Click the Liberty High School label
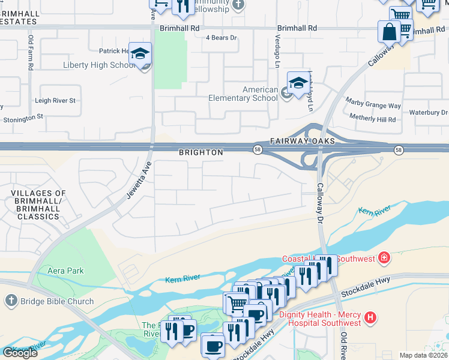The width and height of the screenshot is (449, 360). click(100, 65)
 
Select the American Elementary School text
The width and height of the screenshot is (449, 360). click(244, 94)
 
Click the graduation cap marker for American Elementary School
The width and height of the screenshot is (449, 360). click(298, 83)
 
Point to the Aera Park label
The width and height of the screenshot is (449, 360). click(66, 271)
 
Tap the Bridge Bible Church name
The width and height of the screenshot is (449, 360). click(58, 301)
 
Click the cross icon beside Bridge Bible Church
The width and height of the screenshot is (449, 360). click(11, 301)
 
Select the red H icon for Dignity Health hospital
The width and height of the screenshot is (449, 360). click(372, 317)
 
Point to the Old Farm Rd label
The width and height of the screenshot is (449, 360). click(31, 53)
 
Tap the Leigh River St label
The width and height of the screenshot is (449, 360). click(55, 101)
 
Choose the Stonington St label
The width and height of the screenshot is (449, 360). click(23, 118)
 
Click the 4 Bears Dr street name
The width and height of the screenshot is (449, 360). click(221, 38)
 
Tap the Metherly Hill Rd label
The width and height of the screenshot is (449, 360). click(373, 119)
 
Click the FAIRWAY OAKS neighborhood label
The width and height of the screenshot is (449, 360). click(298, 141)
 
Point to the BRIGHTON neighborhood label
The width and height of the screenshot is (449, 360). click(201, 153)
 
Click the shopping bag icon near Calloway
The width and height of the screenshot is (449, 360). click(389, 31)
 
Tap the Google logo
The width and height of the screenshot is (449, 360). click(20, 353)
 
